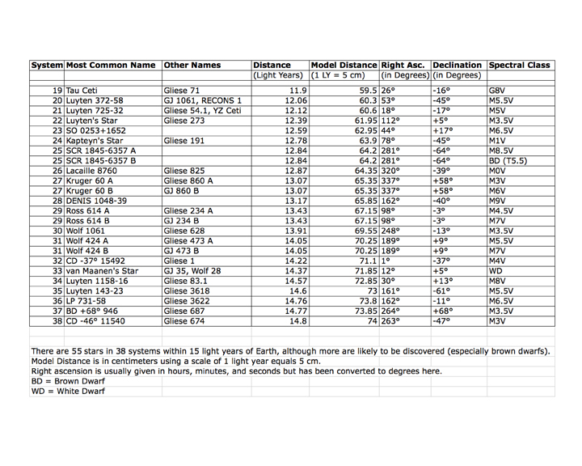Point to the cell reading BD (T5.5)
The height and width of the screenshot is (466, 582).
(508, 160)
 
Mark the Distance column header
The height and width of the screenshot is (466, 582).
(271, 65)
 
